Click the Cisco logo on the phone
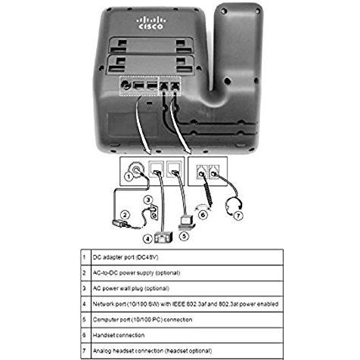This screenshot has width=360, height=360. click(x=151, y=23)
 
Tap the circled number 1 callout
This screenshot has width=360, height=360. click(x=129, y=176)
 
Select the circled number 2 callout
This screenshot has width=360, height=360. click(x=125, y=216)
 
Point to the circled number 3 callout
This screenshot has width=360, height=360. click(x=148, y=200)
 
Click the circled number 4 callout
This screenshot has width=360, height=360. click(x=147, y=238)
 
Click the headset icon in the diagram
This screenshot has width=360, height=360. click(x=233, y=206)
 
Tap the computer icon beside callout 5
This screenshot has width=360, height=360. click(x=187, y=223)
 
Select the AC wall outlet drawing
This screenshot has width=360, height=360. click(x=154, y=212)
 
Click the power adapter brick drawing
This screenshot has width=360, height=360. click(x=120, y=223)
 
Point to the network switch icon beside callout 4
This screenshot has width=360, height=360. click(x=163, y=237)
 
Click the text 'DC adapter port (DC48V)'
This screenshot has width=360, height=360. click(x=126, y=257)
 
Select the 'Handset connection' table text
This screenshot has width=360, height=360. click(x=119, y=335)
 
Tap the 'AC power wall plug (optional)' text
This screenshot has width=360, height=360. click(x=131, y=288)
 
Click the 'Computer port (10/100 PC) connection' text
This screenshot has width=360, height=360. click(x=142, y=320)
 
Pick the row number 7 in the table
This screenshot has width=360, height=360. click(x=84, y=351)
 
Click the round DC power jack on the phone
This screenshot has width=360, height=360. click(x=126, y=85)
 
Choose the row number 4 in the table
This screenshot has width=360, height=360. click(x=84, y=304)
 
